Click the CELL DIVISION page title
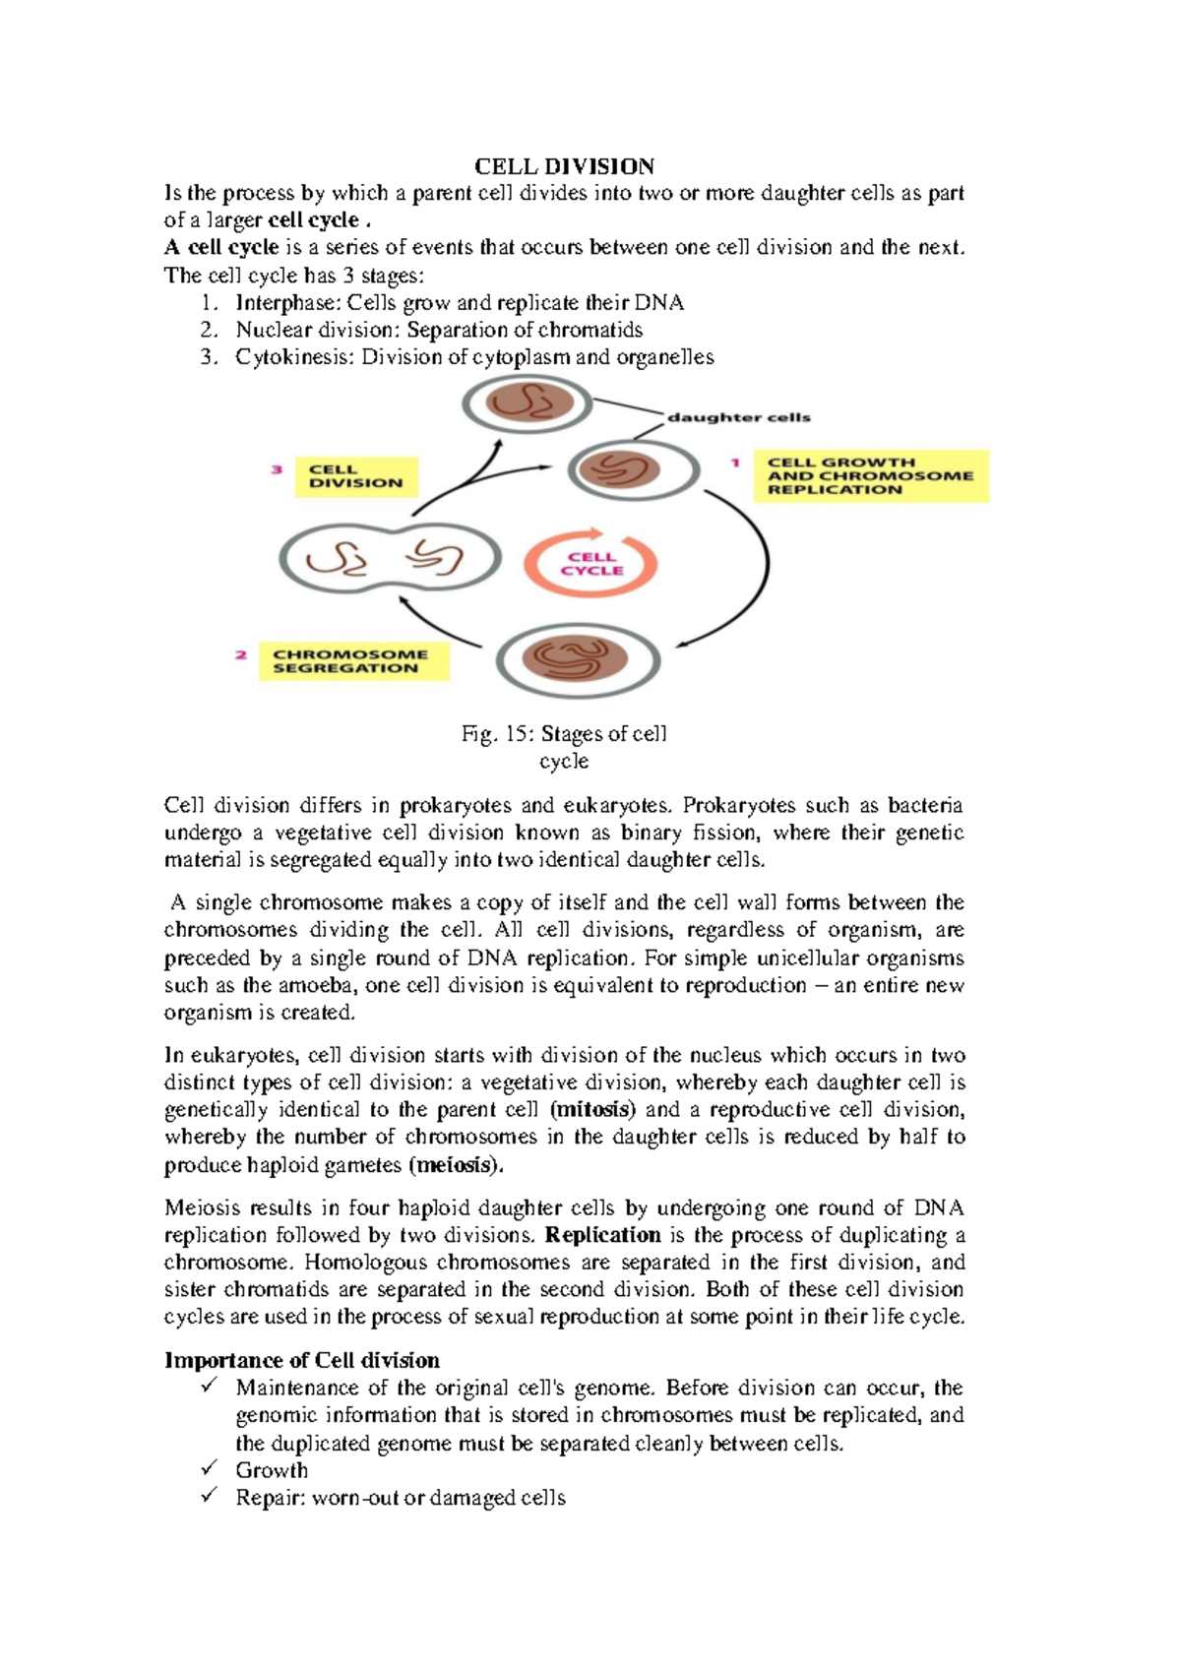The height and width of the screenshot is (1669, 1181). [x=564, y=166]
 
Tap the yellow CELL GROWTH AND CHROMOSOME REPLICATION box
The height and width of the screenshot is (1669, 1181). [x=870, y=476]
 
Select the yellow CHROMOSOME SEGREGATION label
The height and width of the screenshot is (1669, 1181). [x=351, y=661]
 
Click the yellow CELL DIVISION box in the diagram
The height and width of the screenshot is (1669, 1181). [x=356, y=476]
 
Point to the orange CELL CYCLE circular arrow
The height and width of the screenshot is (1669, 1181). [x=590, y=564]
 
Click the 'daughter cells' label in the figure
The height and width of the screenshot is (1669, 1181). [x=738, y=417]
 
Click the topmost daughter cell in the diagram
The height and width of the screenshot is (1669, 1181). [x=528, y=403]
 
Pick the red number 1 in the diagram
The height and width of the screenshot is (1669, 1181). [x=734, y=463]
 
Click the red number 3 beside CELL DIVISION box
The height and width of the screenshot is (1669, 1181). [x=278, y=470]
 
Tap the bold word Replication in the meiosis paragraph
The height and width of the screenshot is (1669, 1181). [x=602, y=1235]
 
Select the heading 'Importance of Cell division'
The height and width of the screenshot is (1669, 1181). [x=302, y=1361]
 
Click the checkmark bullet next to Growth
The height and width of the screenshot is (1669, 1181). [x=209, y=1468]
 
